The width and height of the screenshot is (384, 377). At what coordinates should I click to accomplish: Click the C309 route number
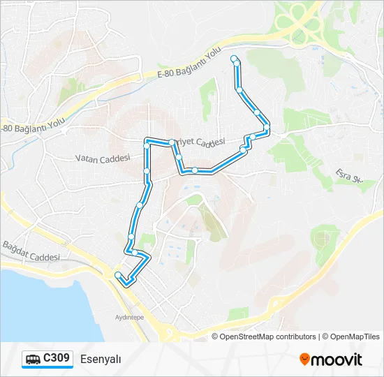tap(56, 359)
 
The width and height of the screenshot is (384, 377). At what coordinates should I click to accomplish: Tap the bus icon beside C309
tap(33, 360)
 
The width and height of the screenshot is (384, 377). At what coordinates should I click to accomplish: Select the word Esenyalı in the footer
tap(101, 360)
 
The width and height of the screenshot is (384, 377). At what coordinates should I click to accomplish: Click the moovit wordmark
tap(337, 360)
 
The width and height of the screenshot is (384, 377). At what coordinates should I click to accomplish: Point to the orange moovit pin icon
tap(305, 360)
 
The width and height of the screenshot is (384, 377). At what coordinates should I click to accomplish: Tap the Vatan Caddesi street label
tap(103, 158)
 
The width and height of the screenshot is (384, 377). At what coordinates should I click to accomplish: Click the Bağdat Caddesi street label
tap(31, 251)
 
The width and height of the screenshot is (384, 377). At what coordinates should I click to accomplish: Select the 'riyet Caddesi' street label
tap(200, 142)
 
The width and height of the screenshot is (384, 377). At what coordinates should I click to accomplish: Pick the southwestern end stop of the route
tap(118, 274)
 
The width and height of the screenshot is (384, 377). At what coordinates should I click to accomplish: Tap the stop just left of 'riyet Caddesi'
tap(172, 142)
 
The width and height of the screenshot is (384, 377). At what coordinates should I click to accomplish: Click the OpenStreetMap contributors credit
tap(268, 337)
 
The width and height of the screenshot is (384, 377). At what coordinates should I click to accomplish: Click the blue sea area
tap(42, 307)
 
